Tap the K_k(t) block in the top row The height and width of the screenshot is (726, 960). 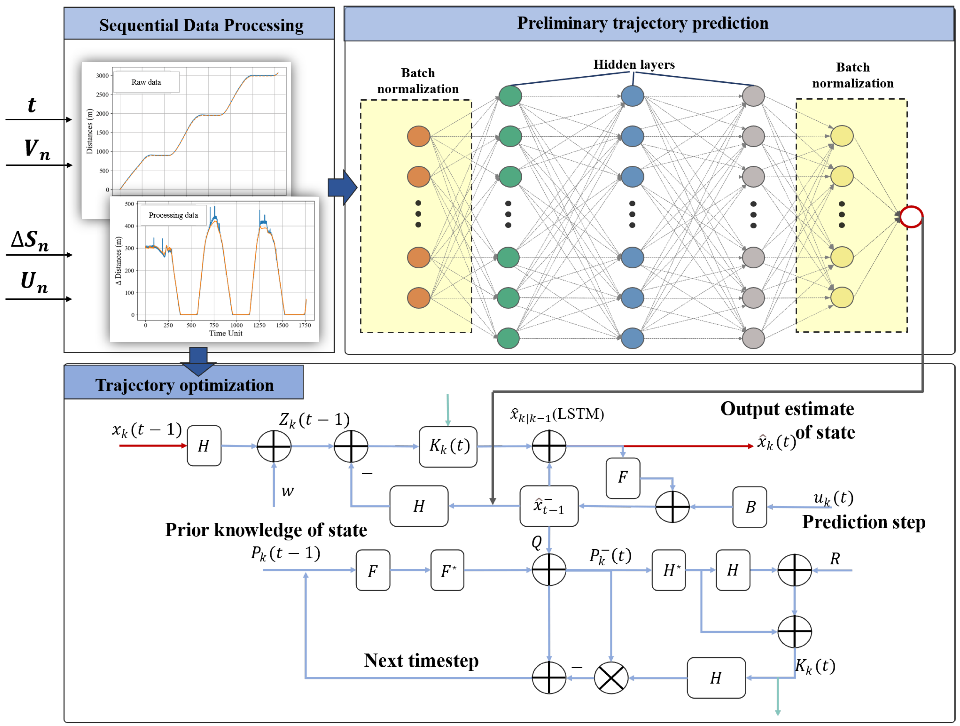[448, 446]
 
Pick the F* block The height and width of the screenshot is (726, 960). [447, 570]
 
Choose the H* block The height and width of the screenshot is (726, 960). [668, 570]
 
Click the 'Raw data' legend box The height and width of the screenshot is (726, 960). [146, 82]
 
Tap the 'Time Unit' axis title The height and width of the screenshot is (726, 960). [226, 333]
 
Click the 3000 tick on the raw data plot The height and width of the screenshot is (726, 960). [102, 75]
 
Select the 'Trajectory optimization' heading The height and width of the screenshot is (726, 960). [184, 385]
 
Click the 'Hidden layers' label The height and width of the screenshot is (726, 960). [634, 65]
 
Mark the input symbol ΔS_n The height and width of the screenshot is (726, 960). [30, 240]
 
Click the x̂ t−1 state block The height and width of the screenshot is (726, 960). [549, 506]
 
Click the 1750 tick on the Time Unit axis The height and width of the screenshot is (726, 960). [305, 325]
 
